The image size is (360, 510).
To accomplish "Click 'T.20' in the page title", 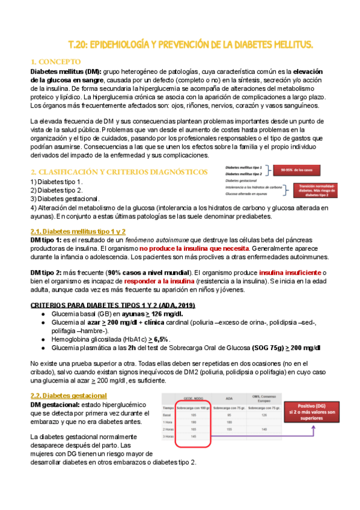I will tap(78, 45).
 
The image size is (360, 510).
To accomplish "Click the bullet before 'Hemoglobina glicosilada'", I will tap(42, 340).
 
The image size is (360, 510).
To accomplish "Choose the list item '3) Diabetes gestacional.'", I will tap(65, 198).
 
